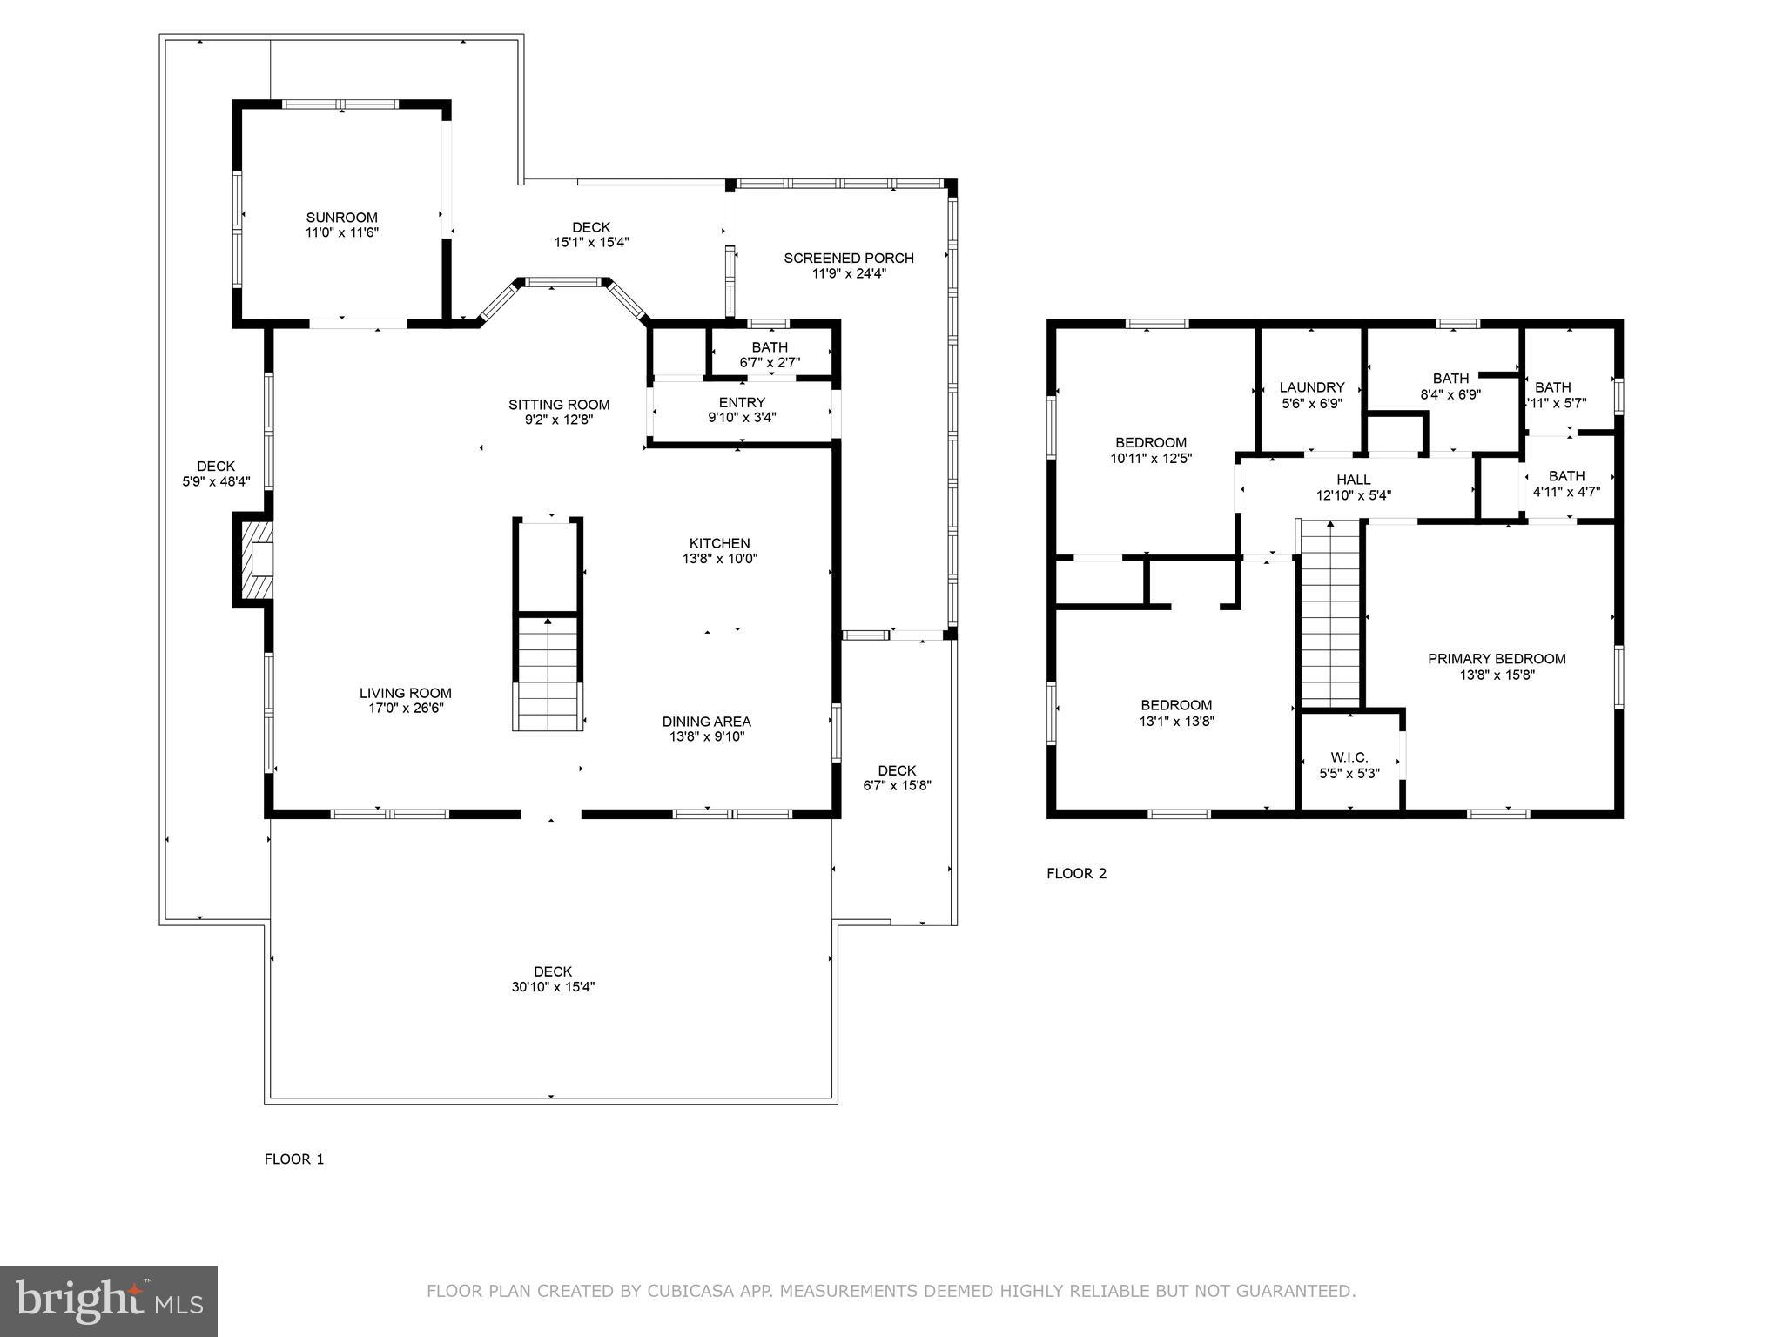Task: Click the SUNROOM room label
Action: pos(341,218)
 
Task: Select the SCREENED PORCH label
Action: pos(848,258)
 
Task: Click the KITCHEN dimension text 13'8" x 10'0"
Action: pos(719,559)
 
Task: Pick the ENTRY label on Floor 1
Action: pos(742,402)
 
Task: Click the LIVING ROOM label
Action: pos(405,693)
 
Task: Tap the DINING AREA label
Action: pos(706,721)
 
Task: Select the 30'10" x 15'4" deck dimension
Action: pos(553,987)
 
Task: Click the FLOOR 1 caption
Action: pos(294,1159)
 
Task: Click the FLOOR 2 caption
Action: pos(1076,873)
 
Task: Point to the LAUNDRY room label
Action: pos(1311,387)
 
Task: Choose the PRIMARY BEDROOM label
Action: pos(1496,659)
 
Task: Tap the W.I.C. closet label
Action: pos(1349,757)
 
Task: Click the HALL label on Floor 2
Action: pos(1353,480)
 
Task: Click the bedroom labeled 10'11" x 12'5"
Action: pos(1150,449)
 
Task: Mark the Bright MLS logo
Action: pos(109,1300)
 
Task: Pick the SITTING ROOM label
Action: pos(559,405)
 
